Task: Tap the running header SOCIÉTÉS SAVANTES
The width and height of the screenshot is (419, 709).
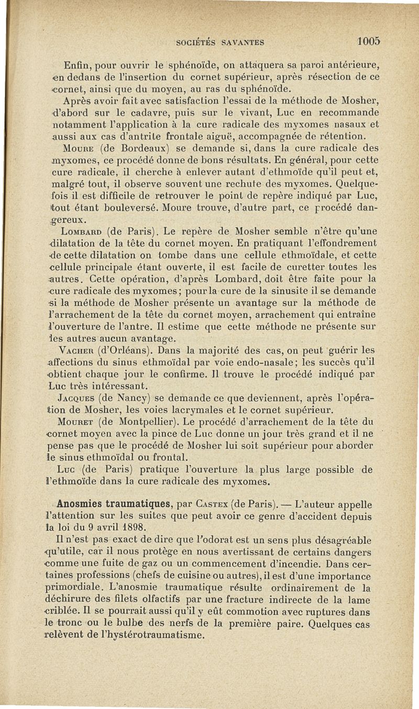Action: point(220,42)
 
